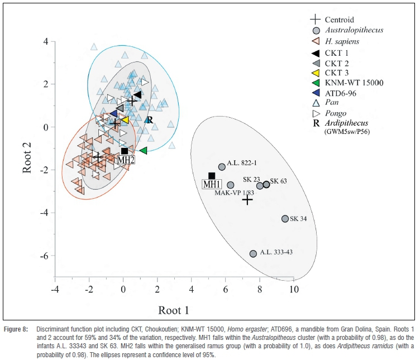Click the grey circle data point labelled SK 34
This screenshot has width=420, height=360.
285,219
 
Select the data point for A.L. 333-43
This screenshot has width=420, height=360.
253,253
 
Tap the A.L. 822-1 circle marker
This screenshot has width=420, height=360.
222,166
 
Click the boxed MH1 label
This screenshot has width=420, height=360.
211,185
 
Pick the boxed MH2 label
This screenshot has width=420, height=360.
126,160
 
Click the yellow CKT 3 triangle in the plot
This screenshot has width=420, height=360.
125,119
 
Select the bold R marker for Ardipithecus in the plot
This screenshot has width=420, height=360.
149,120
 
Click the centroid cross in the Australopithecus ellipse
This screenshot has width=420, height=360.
247,199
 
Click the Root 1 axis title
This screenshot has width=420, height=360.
174,310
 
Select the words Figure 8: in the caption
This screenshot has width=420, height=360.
17,330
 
